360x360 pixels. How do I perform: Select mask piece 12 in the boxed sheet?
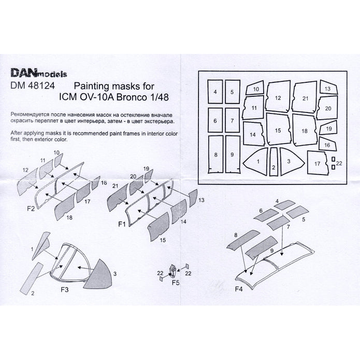coord(278,98)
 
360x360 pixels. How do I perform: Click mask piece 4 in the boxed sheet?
coord(214,93)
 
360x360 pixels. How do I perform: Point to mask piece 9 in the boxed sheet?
coord(233,154)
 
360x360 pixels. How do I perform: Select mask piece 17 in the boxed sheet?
coord(317,163)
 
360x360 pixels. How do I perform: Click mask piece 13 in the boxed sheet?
coord(328,88)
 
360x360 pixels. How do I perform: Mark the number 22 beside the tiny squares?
coord(339,163)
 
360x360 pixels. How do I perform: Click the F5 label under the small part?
coord(176,283)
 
